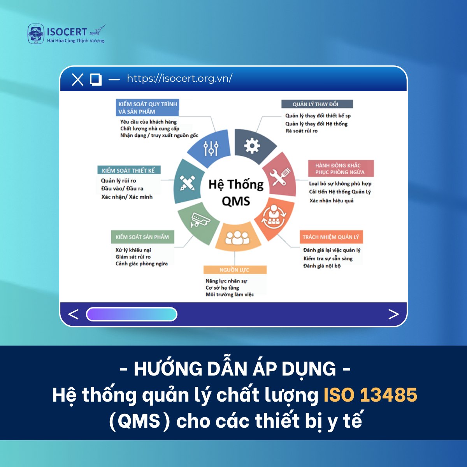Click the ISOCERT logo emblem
pyautogui.click(x=36, y=34)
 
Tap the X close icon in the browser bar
pyautogui.click(x=78, y=79)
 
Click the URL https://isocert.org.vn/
pyautogui.click(x=179, y=78)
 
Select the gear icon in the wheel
pyautogui.click(x=252, y=146)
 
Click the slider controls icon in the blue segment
pyautogui.click(x=211, y=148)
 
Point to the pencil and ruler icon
pyautogui.click(x=187, y=182)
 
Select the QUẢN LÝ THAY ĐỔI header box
pyautogui.click(x=317, y=104)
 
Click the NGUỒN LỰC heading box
pyautogui.click(x=235, y=270)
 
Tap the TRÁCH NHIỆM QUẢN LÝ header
pyautogui.click(x=331, y=237)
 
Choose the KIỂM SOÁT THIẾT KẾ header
pyautogui.click(x=128, y=170)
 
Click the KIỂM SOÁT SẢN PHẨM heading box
pyautogui.click(x=142, y=237)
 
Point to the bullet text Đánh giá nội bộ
pyautogui.click(x=322, y=266)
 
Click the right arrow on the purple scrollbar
pyautogui.click(x=393, y=314)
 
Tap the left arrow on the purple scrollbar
pyautogui.click(x=73, y=314)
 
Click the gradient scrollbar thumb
pyautogui.click(x=132, y=314)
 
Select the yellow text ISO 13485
pyautogui.click(x=370, y=395)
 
